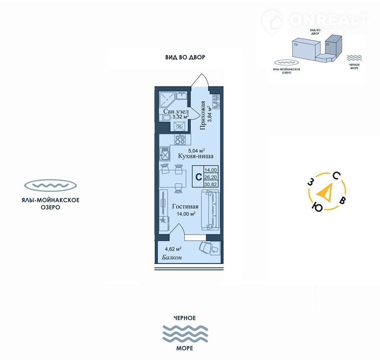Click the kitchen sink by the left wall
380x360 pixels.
point(164,152)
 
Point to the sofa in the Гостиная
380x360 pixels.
point(210,209)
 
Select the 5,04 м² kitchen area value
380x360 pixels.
point(196,150)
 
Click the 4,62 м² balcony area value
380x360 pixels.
point(173,249)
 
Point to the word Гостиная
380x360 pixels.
point(185,207)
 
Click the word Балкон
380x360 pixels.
point(172,258)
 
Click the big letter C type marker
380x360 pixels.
point(197,177)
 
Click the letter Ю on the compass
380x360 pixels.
point(317,207)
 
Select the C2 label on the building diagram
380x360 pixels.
point(296,45)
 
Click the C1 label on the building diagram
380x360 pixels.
point(327,45)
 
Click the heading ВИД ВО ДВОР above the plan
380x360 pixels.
point(185,57)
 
